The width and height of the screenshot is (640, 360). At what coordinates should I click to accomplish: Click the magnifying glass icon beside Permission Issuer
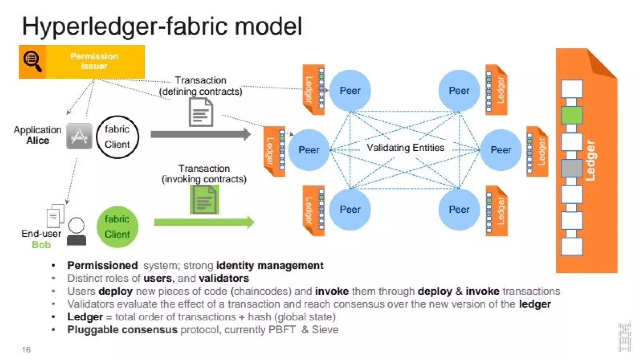32,61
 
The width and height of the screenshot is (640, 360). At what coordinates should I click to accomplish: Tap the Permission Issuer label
94,61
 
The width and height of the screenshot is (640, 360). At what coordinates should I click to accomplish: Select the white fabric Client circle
117,137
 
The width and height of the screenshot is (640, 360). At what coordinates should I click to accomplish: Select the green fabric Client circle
117,227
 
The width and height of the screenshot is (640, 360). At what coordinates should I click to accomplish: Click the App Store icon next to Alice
79,136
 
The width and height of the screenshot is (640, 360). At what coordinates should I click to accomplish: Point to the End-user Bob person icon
77,231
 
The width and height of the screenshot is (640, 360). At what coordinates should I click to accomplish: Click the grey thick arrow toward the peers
200,134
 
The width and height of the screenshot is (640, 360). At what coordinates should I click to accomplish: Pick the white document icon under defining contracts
201,112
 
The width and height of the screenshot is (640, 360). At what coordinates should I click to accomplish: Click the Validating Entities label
405,147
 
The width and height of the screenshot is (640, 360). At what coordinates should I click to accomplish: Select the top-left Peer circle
350,91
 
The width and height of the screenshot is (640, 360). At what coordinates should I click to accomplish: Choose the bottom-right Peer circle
459,209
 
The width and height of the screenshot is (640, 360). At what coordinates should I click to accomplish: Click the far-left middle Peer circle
309,150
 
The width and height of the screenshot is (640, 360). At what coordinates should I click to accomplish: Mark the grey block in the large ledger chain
572,168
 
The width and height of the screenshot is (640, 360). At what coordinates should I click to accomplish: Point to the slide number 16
26,350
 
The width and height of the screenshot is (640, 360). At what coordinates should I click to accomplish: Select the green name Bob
41,245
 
